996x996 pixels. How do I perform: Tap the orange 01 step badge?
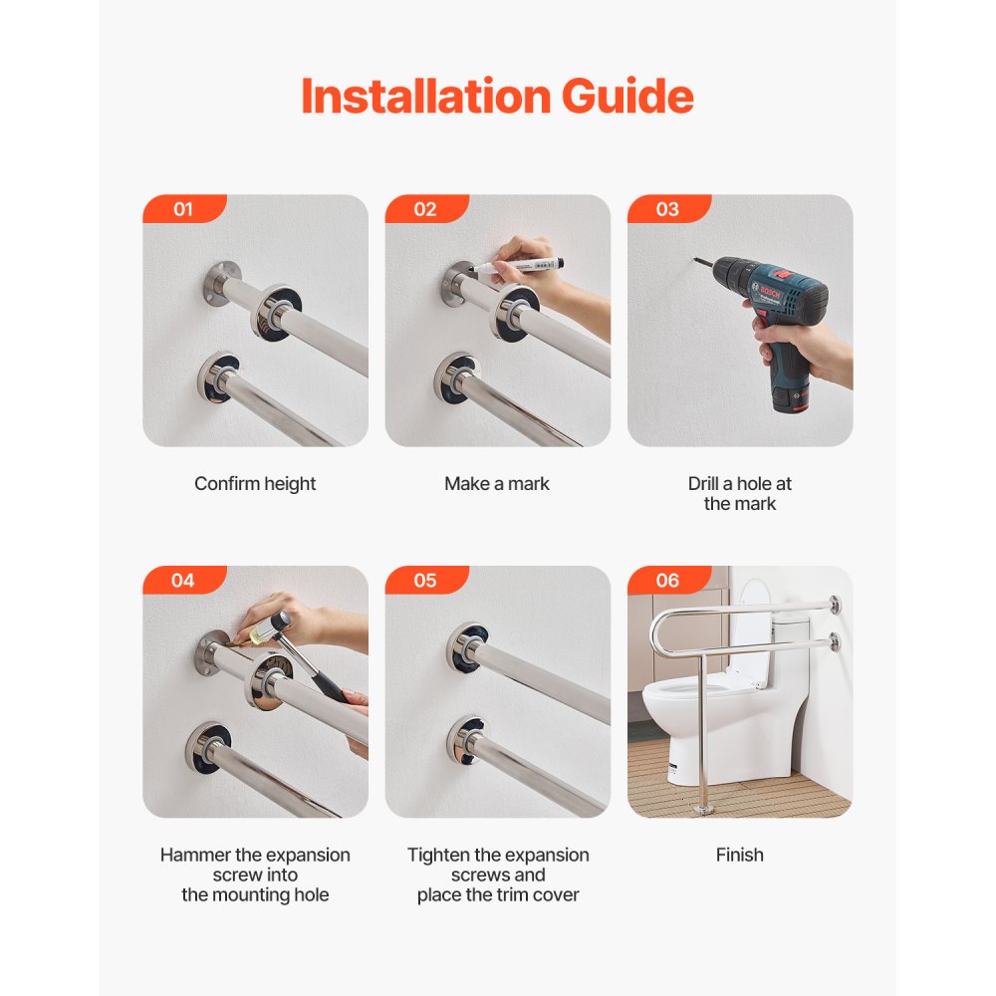(183, 209)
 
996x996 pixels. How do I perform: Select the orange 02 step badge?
(425, 209)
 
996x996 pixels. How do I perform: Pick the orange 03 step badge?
(667, 209)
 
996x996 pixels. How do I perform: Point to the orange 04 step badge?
(183, 581)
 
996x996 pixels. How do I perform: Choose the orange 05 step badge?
(425, 581)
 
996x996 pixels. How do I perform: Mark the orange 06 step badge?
(667, 581)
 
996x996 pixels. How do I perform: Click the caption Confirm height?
(255, 484)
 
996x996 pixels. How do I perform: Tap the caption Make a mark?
(497, 484)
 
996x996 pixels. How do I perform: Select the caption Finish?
(739, 855)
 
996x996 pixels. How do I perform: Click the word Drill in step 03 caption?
(705, 484)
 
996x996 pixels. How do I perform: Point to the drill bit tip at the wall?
(698, 263)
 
